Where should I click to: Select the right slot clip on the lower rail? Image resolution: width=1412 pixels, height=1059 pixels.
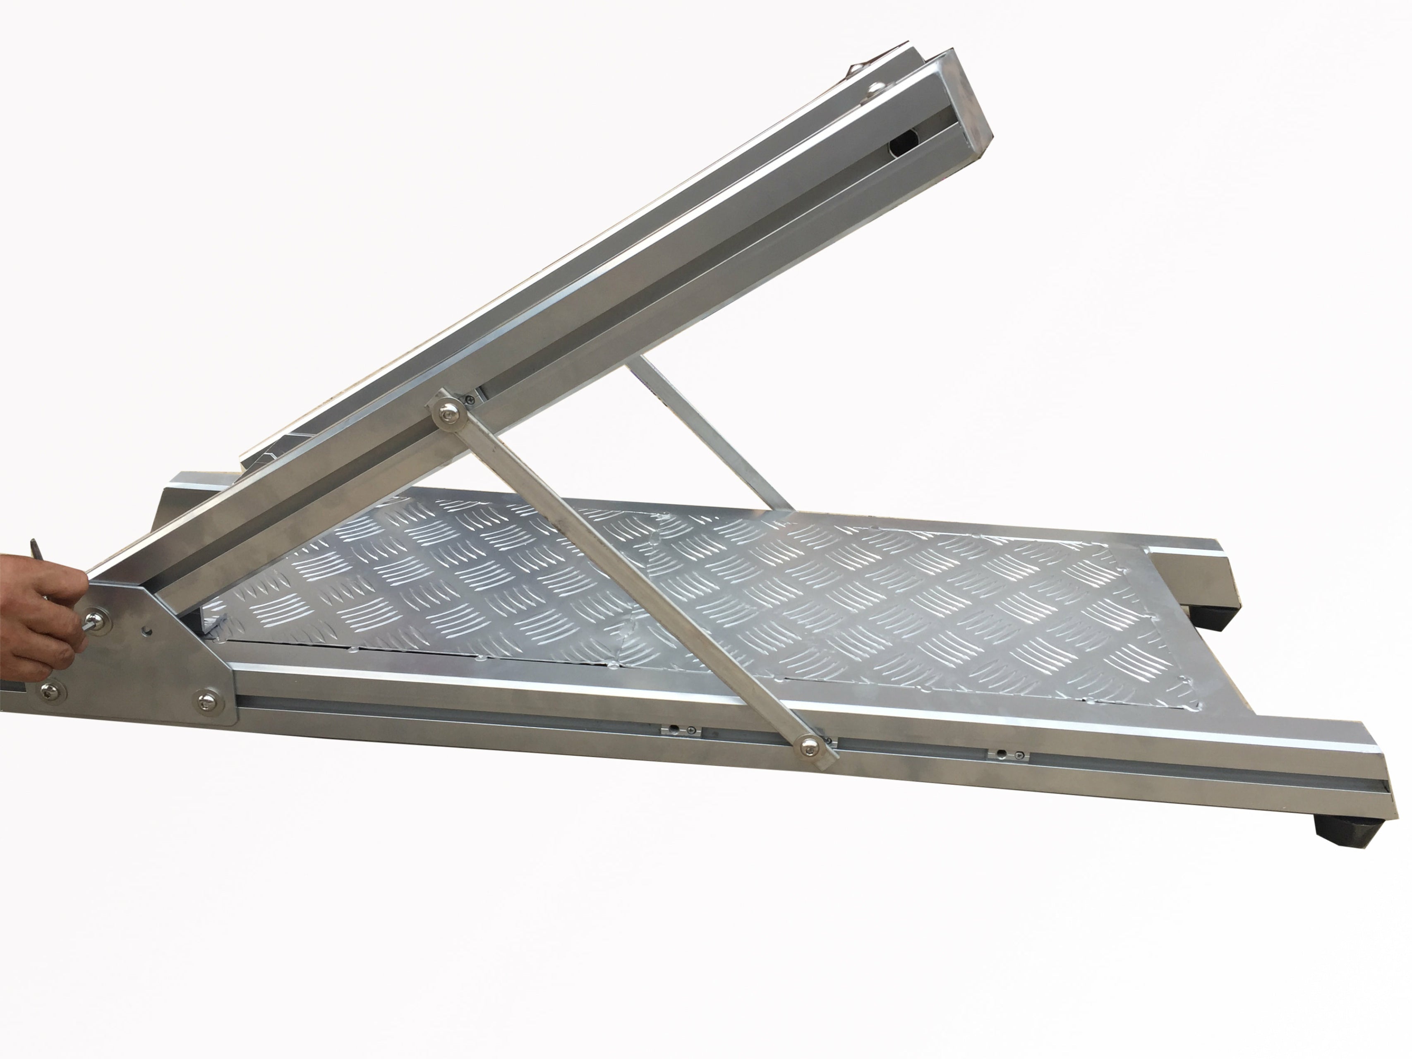coord(1009,774)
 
